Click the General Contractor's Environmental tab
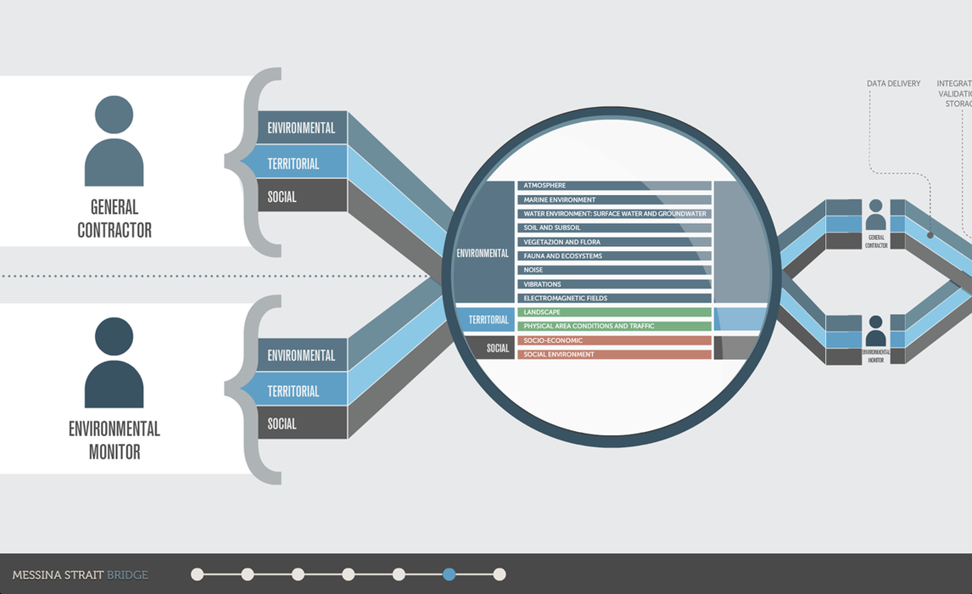[x=302, y=128]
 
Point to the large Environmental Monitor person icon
[x=115, y=362]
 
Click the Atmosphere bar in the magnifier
[x=614, y=186]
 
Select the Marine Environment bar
[x=614, y=200]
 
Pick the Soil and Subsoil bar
[x=614, y=228]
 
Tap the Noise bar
[x=614, y=270]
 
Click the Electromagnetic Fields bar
[x=614, y=299]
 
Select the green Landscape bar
[x=614, y=312]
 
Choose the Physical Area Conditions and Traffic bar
[x=614, y=327]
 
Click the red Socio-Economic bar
[x=614, y=341]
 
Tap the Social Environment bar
[x=614, y=355]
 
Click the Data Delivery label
[x=893, y=84]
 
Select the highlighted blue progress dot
[x=449, y=574]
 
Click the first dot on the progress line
[x=198, y=574]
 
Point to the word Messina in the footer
[x=37, y=575]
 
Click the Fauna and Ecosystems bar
[x=614, y=256]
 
